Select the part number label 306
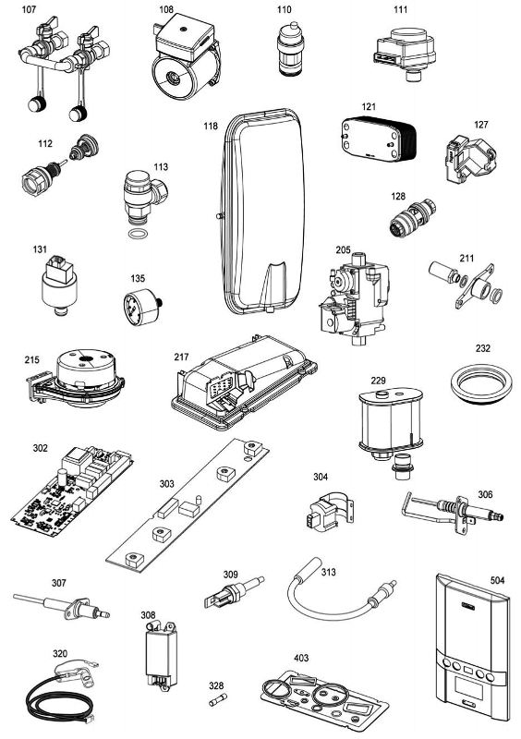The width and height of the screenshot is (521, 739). [x=485, y=493]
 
